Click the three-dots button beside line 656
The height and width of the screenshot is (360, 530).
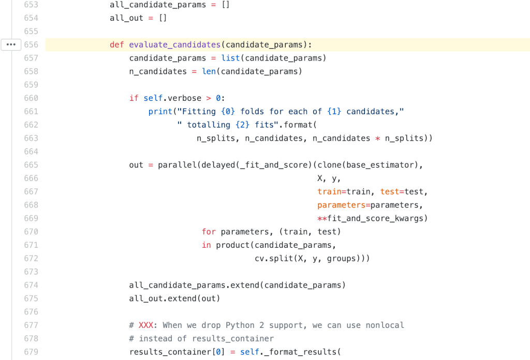[x=11, y=44]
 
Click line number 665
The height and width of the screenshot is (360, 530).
[x=31, y=165]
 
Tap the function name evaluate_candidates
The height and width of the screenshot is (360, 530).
[x=175, y=44]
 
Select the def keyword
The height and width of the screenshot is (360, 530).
[x=116, y=44]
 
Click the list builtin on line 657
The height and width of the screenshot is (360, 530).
[x=230, y=58]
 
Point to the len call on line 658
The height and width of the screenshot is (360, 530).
[x=209, y=71]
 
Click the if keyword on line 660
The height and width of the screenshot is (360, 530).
[x=134, y=98]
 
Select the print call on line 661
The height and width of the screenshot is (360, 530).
[x=160, y=111]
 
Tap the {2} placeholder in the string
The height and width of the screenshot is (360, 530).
[x=242, y=125]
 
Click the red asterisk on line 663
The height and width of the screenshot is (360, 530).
[x=377, y=139]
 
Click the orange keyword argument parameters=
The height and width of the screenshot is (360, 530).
[x=344, y=205]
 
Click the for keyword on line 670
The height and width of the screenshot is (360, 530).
[x=209, y=232]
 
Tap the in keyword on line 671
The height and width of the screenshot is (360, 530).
[x=206, y=245]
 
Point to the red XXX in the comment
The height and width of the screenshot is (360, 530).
[x=145, y=325]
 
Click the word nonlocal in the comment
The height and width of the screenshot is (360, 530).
[x=385, y=325]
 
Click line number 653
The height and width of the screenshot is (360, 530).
[x=31, y=5]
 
